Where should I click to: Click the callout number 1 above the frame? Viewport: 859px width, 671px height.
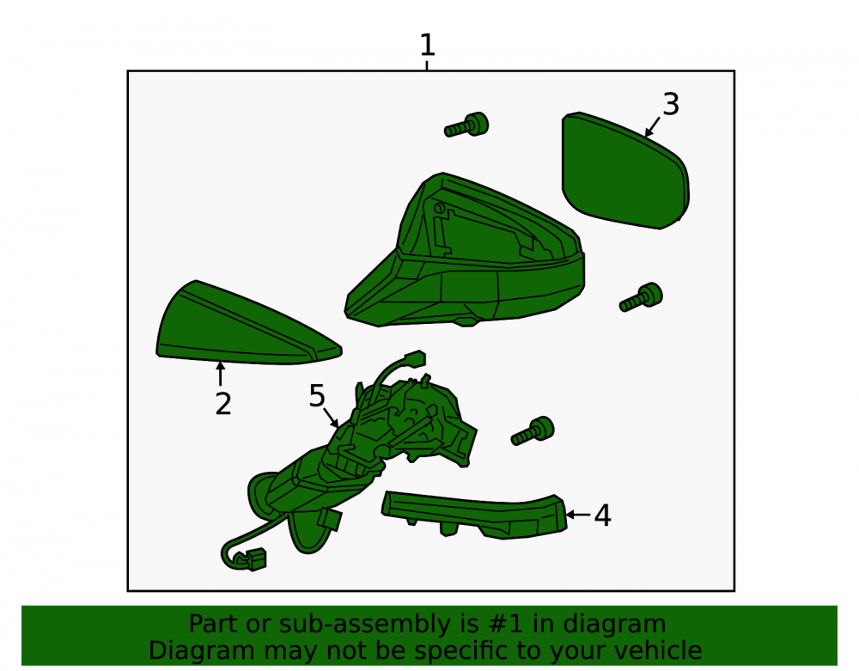point(427,45)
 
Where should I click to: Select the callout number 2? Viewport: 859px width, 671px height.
point(223,404)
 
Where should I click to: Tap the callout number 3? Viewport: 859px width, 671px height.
point(671,104)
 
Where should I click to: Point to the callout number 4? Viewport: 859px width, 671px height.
point(603,515)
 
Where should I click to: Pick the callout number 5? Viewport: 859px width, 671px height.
point(317,395)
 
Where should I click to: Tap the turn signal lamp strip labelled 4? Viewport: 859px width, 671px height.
point(474,515)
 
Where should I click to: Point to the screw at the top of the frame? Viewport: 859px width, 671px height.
point(466,125)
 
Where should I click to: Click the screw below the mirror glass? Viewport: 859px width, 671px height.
point(641,297)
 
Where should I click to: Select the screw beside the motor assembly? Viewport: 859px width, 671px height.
point(533,431)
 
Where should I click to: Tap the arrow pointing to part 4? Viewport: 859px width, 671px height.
point(578,515)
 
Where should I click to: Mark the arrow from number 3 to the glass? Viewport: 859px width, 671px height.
point(653,126)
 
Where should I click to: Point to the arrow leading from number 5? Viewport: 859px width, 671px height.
point(331,418)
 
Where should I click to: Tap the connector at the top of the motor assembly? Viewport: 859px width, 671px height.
point(414,358)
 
